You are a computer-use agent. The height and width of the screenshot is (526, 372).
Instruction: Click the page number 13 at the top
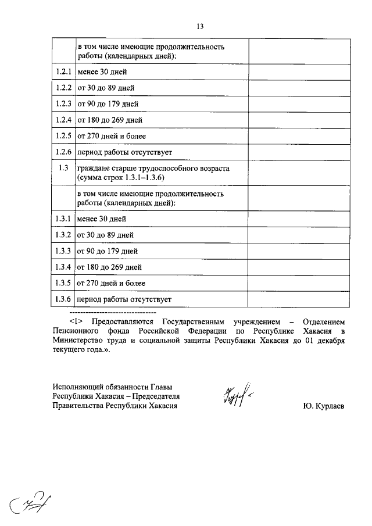200,26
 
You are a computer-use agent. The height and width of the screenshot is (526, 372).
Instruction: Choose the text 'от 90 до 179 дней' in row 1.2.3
107,105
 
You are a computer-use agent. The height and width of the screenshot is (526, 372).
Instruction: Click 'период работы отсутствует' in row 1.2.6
124,152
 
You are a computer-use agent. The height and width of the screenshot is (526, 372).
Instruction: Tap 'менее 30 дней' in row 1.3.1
101,219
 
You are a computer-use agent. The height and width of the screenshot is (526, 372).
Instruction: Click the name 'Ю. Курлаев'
323,406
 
